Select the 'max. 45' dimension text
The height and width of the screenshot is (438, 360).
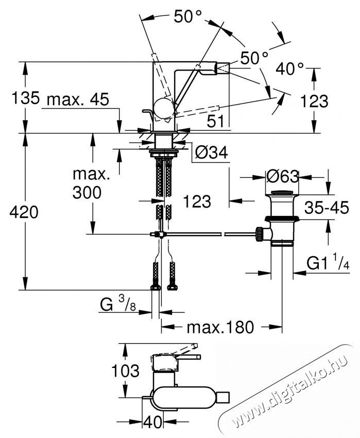coord(77,99)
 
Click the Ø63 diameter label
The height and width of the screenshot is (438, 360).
coord(282,177)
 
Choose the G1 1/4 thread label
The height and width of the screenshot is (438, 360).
coord(329,264)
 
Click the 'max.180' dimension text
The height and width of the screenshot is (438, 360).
coord(220,327)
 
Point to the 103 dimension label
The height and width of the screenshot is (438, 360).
coord(125,370)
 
